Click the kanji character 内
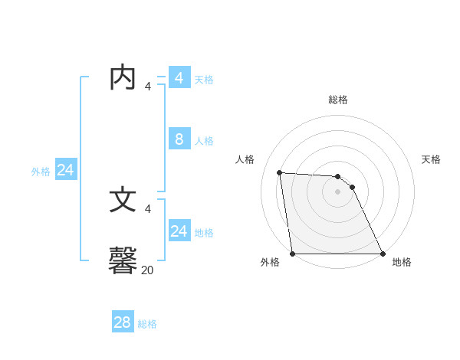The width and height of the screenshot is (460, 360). (123, 77)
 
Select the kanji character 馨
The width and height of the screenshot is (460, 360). (123, 260)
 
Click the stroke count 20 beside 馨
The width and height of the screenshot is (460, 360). (148, 270)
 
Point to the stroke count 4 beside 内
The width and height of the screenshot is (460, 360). (148, 86)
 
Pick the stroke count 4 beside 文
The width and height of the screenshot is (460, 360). (148, 208)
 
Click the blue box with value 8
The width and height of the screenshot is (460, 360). (179, 139)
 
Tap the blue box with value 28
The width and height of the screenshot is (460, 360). (123, 322)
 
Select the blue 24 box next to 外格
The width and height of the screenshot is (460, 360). (66, 170)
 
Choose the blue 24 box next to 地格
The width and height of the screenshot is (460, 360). (179, 231)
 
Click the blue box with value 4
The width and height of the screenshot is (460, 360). (179, 77)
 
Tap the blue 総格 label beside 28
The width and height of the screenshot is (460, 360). (148, 324)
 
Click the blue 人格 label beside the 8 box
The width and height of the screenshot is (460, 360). (204, 141)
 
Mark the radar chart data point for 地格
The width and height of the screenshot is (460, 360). (383, 254)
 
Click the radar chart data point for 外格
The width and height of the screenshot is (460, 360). (293, 254)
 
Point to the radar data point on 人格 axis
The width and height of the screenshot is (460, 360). (279, 173)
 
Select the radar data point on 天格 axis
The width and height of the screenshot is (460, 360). (352, 187)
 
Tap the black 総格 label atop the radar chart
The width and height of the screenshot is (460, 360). (338, 100)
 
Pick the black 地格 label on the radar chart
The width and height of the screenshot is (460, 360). (402, 262)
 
